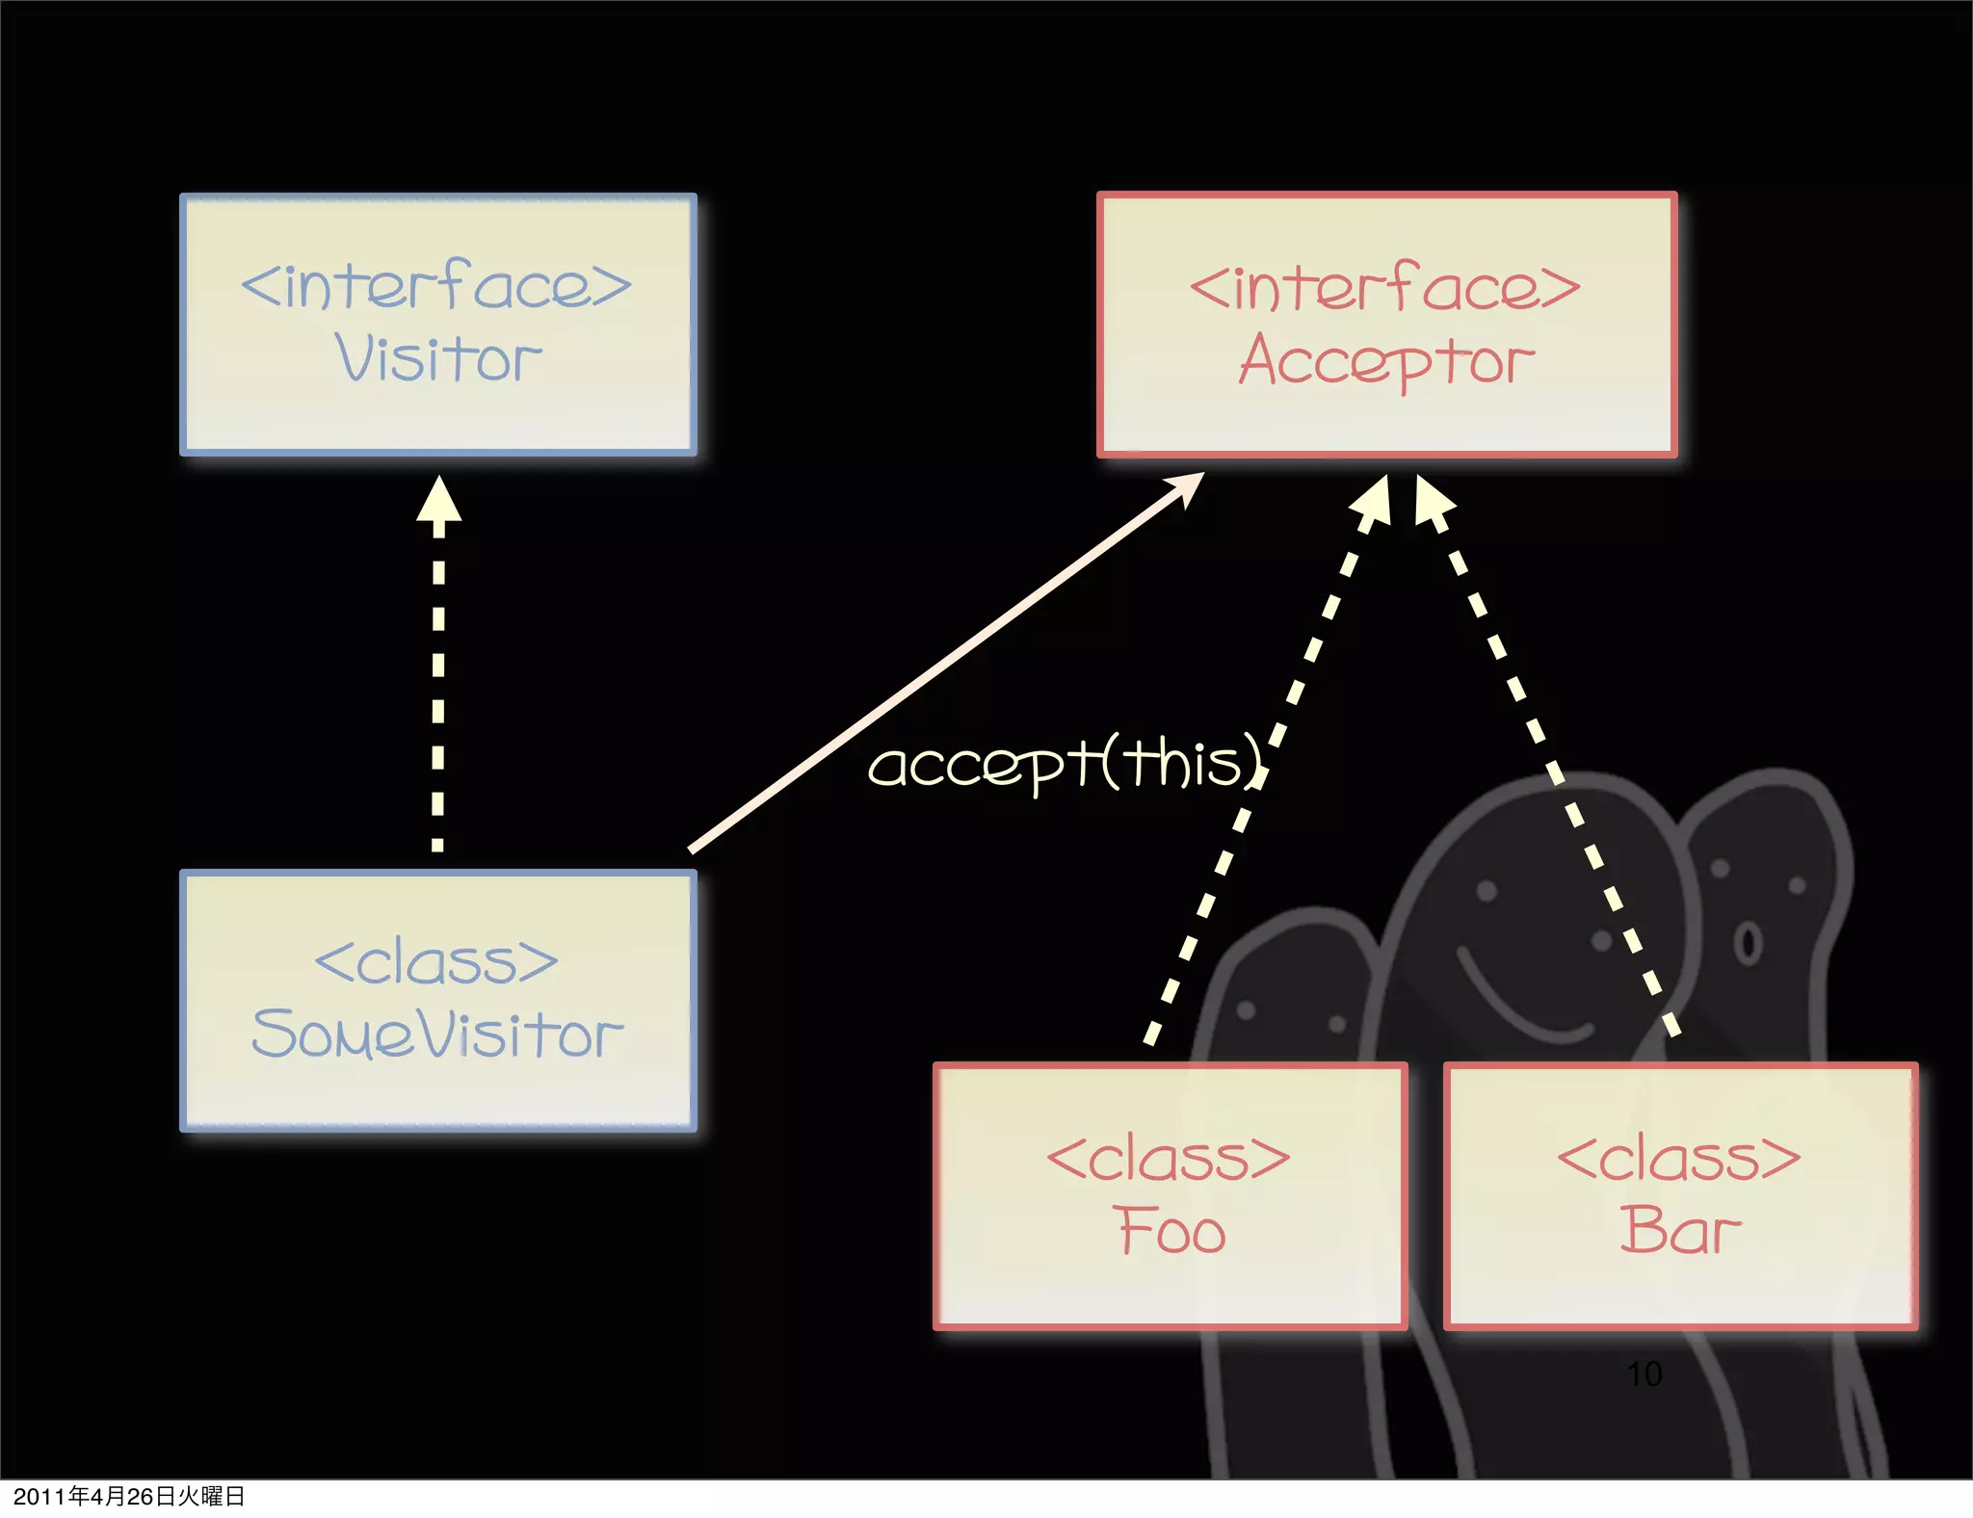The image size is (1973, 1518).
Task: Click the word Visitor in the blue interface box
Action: (x=438, y=359)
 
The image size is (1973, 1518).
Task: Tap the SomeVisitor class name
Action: (x=437, y=1034)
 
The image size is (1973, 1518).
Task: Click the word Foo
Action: (x=1171, y=1231)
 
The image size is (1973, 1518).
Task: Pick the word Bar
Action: (x=1680, y=1231)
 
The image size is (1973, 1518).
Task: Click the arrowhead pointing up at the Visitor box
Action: (x=438, y=499)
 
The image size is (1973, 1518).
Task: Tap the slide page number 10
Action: (x=1644, y=1374)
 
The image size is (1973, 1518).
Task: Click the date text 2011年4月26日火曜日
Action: (x=129, y=1496)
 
